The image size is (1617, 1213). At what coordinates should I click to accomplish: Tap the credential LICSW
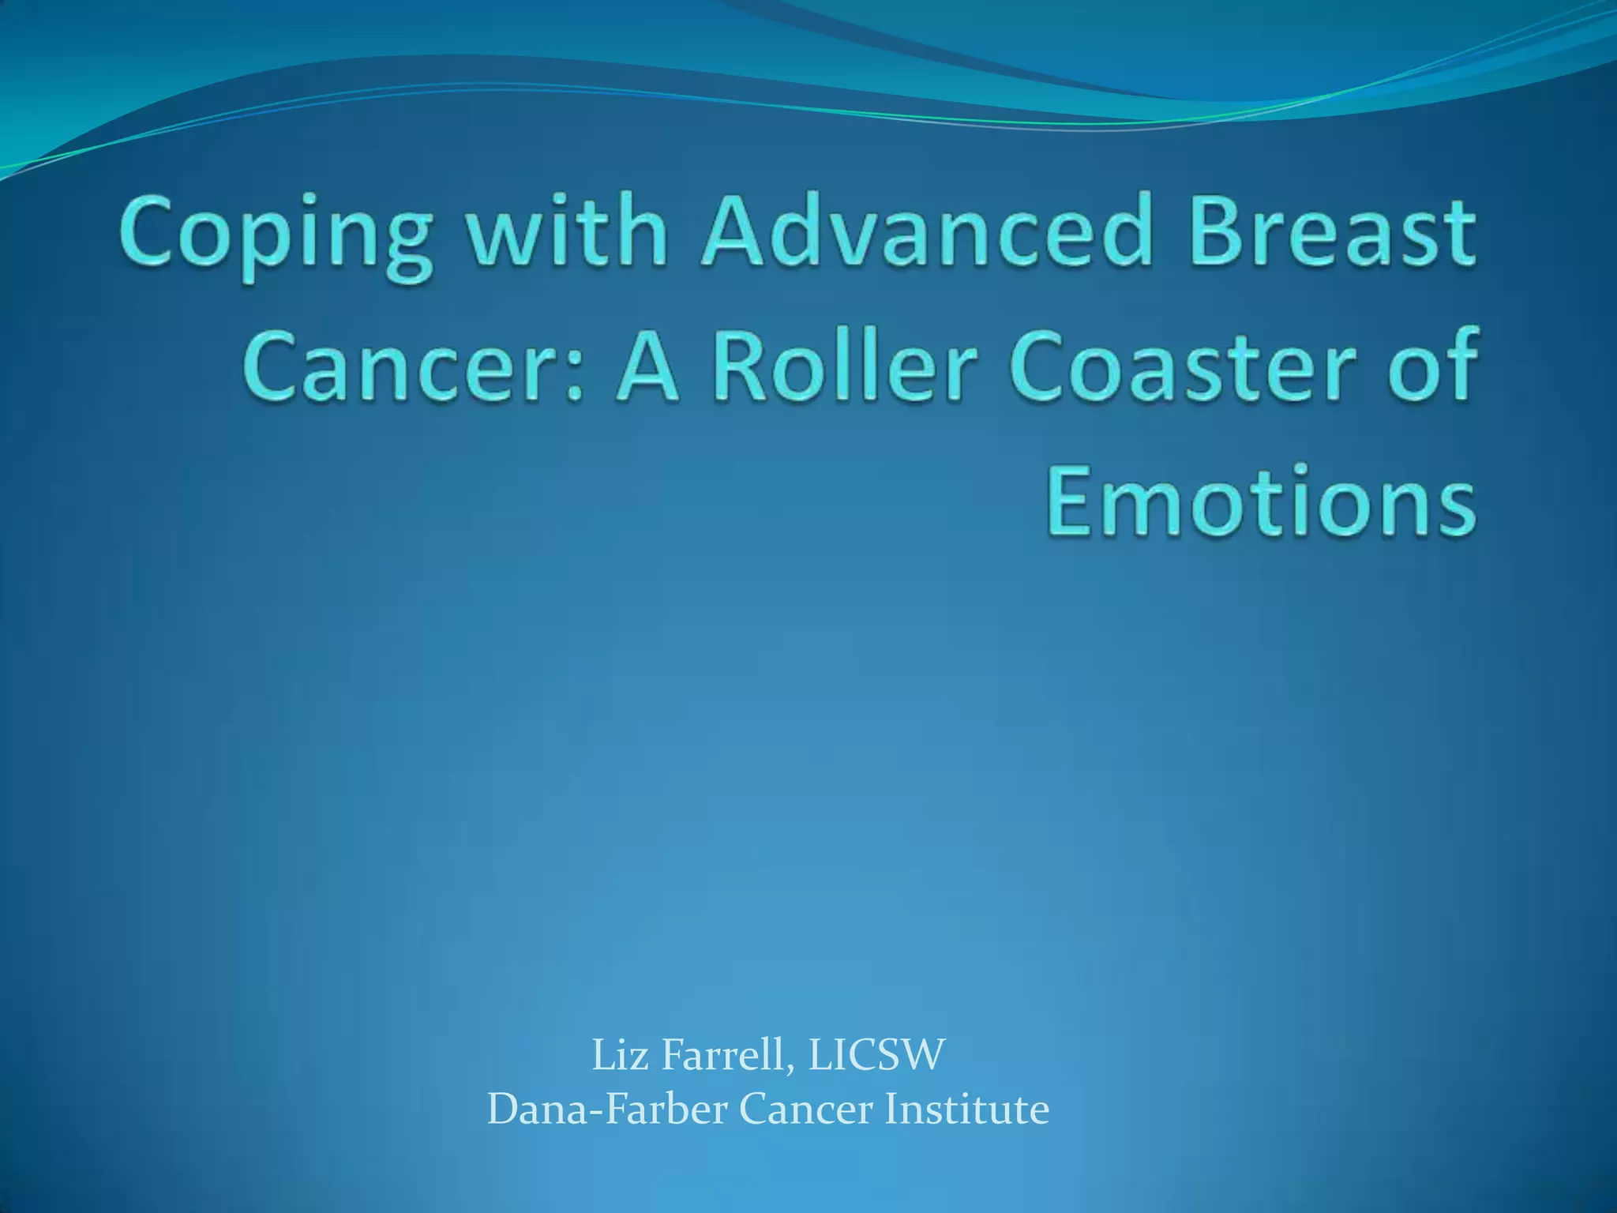click(x=876, y=1055)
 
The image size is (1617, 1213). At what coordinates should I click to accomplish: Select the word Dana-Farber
click(x=607, y=1109)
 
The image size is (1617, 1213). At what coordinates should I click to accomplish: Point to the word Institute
click(x=966, y=1109)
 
